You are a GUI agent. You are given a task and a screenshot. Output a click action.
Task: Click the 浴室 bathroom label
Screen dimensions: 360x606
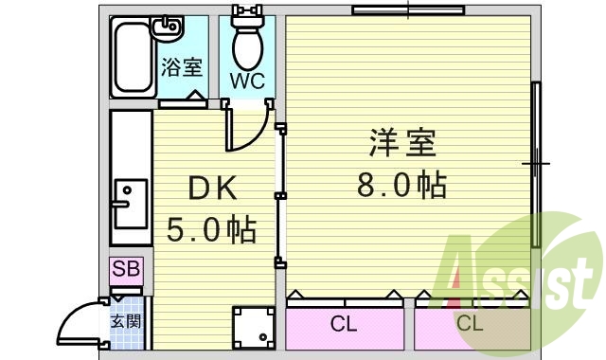pyautogui.click(x=182, y=67)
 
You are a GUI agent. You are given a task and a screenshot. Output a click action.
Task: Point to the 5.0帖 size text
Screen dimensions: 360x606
pyautogui.click(x=212, y=228)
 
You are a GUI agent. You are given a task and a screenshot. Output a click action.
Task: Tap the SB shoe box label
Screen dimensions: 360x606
pyautogui.click(x=126, y=269)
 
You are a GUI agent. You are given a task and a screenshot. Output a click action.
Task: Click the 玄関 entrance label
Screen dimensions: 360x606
pyautogui.click(x=126, y=320)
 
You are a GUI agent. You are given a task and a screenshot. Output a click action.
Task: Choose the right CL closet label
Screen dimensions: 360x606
pyautogui.click(x=470, y=325)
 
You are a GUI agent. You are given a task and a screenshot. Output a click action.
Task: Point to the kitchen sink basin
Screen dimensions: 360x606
pyautogui.click(x=125, y=199)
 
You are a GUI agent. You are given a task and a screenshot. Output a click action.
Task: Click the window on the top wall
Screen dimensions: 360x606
pyautogui.click(x=407, y=11)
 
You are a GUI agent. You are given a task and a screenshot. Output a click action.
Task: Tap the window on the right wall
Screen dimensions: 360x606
pyautogui.click(x=536, y=163)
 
